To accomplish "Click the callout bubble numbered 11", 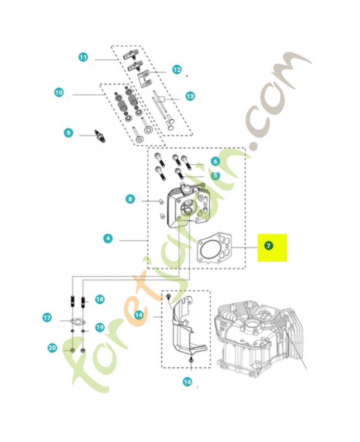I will point(83,57).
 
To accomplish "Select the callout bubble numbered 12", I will point(177,70).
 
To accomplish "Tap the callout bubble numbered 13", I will point(190,96).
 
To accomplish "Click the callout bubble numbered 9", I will point(68,133).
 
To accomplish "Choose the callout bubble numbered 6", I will point(215,161).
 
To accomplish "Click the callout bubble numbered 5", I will point(215,175).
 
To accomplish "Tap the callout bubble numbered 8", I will point(130,199).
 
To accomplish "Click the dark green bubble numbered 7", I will point(268,245).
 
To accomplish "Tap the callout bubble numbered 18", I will point(99,299).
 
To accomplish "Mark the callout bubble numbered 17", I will point(47,318).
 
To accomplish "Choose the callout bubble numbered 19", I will point(99,327).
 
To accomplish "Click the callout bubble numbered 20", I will point(52,348).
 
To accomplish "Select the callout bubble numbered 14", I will point(139,315).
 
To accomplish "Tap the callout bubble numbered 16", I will point(187,382).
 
